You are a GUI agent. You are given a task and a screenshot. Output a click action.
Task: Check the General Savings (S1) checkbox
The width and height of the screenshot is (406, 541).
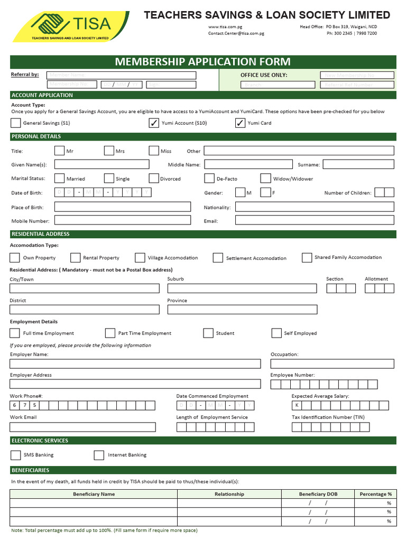click(15, 123)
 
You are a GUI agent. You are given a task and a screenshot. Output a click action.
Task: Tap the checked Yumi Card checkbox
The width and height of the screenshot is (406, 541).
click(240, 123)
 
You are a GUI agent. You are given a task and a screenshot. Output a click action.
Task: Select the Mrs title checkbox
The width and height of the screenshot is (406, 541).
click(109, 151)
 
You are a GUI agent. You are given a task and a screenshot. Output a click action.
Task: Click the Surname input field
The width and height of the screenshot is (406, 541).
click(358, 164)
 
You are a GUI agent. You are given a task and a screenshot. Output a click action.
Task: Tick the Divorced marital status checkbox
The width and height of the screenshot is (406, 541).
click(154, 179)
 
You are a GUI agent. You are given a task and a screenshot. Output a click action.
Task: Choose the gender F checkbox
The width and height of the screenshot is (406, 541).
click(266, 193)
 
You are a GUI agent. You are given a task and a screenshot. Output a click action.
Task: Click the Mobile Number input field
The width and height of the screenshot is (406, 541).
click(123, 220)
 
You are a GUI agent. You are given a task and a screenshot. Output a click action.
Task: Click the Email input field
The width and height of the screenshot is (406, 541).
click(315, 220)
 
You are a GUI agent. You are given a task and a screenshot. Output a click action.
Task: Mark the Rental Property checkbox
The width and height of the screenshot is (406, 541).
click(75, 258)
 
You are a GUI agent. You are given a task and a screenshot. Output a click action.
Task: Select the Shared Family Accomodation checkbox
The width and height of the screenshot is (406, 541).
click(307, 258)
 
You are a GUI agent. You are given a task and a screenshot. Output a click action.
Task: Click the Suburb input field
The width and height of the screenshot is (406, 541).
click(242, 288)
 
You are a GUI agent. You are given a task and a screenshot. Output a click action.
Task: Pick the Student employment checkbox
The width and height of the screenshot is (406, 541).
click(208, 333)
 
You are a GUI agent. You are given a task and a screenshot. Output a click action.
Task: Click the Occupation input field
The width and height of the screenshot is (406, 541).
click(332, 363)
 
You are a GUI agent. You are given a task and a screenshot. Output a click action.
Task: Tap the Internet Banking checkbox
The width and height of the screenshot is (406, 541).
click(99, 455)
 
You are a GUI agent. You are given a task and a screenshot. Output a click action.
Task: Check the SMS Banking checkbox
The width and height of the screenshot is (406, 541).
click(15, 455)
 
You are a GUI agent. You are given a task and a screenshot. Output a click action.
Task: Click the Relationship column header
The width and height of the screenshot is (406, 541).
click(229, 494)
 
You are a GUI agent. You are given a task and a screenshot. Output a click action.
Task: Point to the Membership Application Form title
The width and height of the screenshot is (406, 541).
click(203, 62)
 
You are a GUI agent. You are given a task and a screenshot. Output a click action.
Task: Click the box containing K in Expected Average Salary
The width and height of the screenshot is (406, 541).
click(297, 405)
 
